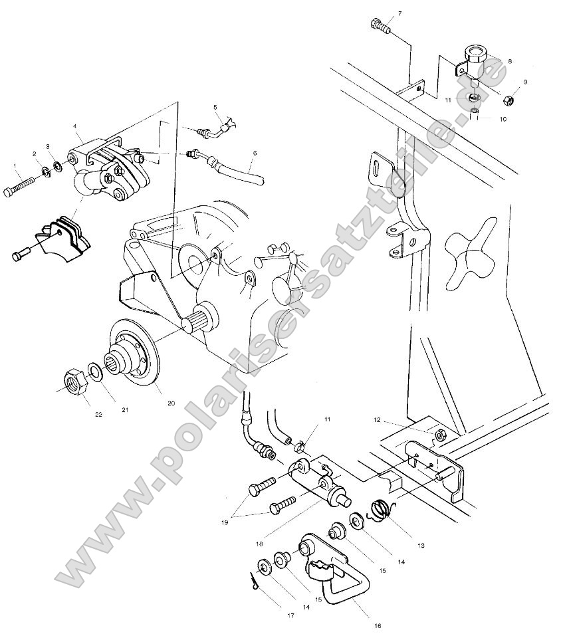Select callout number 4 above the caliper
point(74,126)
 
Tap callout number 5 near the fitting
point(215,107)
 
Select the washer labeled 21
point(95,370)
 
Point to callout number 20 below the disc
point(171,403)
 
